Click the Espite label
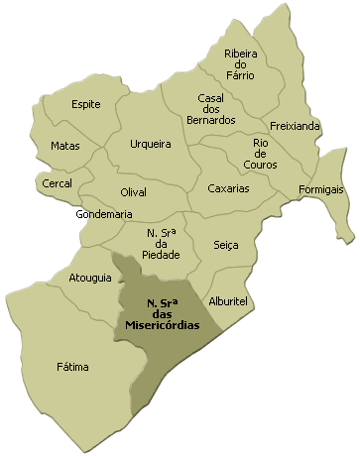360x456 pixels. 86,104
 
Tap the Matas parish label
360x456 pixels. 65,146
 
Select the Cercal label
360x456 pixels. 58,183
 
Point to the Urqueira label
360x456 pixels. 151,144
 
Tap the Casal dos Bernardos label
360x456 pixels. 216,109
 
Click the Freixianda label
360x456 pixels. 295,126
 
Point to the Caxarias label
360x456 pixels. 228,188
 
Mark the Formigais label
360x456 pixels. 322,188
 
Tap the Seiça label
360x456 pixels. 226,244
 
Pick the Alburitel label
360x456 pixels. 227,299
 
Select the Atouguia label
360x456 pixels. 90,278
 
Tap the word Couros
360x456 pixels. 260,165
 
